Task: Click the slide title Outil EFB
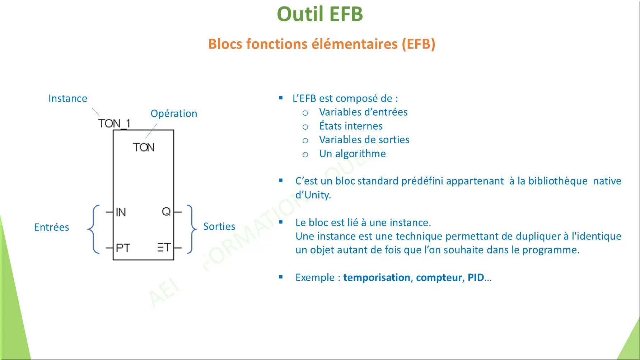320,14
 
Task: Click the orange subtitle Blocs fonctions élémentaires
322,44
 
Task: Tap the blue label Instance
67,98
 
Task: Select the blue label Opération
174,113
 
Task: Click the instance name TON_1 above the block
114,123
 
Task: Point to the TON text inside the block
144,147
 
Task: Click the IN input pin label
121,212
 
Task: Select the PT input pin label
123,248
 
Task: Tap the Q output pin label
166,211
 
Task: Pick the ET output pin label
164,247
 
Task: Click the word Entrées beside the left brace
51,227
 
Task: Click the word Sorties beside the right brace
219,226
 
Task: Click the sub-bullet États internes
351,126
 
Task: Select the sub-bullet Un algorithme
352,154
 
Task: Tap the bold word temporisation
377,277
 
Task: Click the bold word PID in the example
476,277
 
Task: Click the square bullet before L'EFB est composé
281,98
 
